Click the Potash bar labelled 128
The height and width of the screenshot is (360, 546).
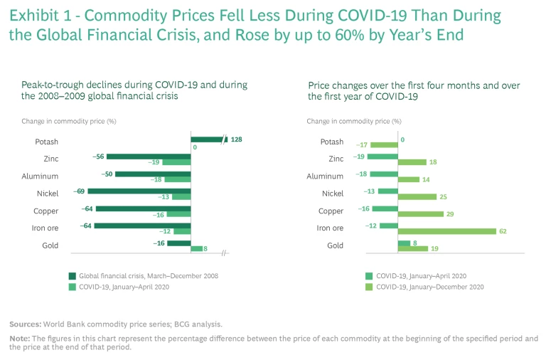click(208, 139)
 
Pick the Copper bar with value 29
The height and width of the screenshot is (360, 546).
click(420, 214)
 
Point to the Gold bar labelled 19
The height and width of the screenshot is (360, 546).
click(412, 248)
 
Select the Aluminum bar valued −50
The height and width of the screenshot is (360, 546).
click(153, 174)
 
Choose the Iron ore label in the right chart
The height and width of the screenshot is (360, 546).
click(329, 228)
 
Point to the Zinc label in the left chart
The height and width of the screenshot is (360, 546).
click(50, 159)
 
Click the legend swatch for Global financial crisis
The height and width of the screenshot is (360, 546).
click(73, 275)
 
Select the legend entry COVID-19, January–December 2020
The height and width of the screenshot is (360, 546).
click(429, 287)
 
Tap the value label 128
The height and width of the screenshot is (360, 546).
click(237, 139)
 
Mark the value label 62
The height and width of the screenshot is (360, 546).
click(503, 231)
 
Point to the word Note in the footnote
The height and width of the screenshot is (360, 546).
click(19, 338)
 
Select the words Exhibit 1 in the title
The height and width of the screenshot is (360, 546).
click(36, 16)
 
